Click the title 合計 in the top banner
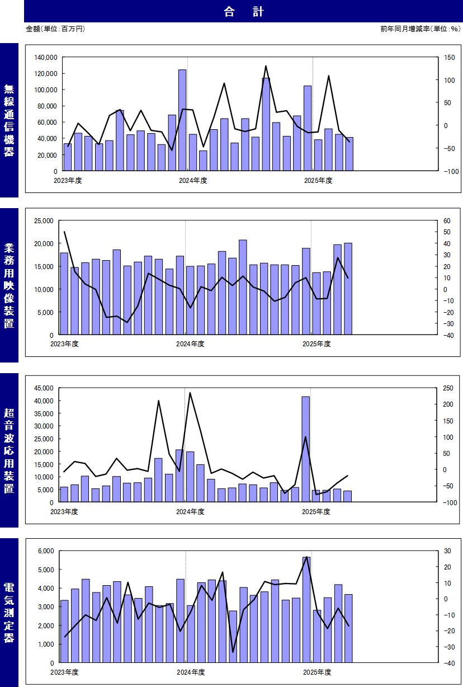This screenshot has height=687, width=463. click(243, 12)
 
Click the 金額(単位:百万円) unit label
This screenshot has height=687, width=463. click(55, 29)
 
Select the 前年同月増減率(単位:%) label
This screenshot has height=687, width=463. click(420, 29)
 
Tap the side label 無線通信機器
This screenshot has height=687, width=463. click(9, 120)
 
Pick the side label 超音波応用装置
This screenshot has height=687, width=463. click(9, 450)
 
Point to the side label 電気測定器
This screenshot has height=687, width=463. click(9, 613)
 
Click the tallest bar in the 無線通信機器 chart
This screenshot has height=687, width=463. click(182, 120)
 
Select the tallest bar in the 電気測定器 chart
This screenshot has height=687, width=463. click(306, 610)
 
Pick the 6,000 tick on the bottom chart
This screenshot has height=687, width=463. click(45, 551)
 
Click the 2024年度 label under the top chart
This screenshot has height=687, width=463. click(193, 180)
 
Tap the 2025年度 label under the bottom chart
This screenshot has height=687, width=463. click(316, 671)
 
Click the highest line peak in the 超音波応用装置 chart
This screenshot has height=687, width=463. click(190, 393)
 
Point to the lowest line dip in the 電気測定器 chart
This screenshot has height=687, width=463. click(233, 652)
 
